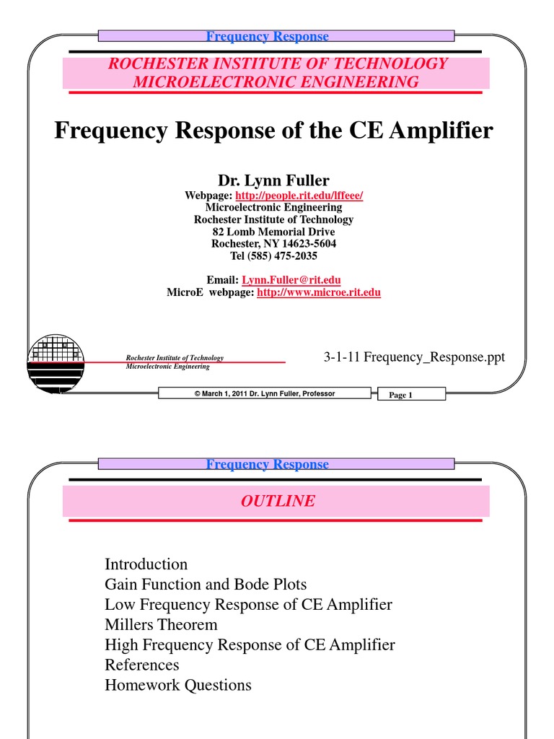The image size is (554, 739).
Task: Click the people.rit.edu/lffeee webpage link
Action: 299,196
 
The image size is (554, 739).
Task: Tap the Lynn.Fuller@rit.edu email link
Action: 291,280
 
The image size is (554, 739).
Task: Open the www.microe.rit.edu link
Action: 319,292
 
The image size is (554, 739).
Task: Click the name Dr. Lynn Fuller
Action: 273,180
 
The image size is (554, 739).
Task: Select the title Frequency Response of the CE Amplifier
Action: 274,131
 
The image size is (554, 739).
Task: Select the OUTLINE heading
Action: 278,501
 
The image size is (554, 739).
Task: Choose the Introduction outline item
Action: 146,564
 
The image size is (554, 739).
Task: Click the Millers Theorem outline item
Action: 161,624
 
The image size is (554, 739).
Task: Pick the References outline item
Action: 142,665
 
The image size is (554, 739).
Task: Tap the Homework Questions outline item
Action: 178,685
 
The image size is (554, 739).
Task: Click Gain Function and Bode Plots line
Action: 206,585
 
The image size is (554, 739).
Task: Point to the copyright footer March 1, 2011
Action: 265,393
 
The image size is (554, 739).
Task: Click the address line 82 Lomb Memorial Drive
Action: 273,232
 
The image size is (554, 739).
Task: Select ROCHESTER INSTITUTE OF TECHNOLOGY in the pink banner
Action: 278,64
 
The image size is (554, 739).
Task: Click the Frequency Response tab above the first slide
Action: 268,36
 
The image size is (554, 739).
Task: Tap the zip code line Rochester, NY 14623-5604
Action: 273,244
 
